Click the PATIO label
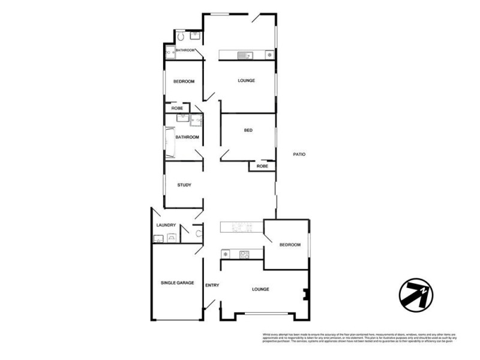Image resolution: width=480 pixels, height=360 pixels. [299, 154]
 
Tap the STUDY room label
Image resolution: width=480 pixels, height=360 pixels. [184, 185]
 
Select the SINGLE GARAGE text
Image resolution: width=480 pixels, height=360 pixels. [177, 282]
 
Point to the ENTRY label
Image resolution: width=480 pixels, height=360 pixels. [212, 285]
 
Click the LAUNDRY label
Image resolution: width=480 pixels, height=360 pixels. [166, 225]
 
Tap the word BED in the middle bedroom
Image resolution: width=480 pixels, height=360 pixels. [248, 131]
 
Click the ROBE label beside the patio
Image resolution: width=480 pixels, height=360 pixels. [262, 166]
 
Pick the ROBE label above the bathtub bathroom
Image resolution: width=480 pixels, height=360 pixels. [177, 108]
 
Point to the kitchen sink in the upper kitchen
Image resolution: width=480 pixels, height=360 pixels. [245, 56]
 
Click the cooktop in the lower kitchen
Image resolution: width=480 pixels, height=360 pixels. [245, 254]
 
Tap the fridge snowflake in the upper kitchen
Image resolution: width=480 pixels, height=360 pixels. [269, 56]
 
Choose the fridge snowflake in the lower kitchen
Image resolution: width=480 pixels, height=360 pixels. [226, 254]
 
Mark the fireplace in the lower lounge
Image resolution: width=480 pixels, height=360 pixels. [306, 294]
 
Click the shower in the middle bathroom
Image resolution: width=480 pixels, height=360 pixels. [196, 121]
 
